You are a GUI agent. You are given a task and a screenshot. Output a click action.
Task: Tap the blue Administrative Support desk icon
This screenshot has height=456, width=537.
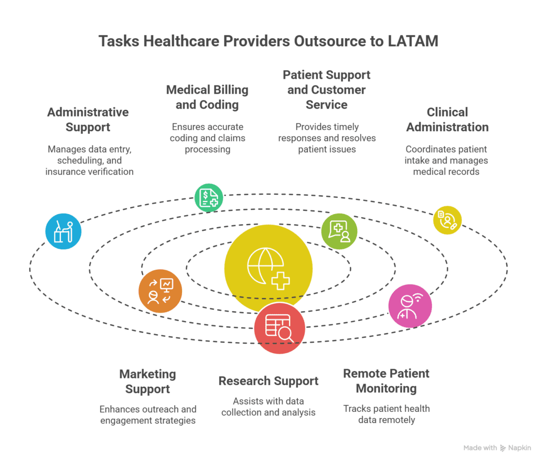click(63, 231)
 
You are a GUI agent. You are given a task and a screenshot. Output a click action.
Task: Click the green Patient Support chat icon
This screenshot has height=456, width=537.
click(339, 231)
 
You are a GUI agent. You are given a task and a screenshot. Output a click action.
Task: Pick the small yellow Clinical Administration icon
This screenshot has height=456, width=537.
click(447, 220)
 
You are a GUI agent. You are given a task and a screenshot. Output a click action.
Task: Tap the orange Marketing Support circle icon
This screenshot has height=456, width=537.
click(160, 292)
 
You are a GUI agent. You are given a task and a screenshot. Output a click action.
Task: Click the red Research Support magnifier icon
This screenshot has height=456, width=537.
click(280, 328)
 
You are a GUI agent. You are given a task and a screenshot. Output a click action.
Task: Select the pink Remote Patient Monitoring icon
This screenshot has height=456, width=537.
click(410, 306)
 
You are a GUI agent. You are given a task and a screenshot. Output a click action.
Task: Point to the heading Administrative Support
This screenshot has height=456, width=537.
click(88, 120)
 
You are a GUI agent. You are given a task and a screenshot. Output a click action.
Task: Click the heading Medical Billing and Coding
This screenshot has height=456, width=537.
click(207, 97)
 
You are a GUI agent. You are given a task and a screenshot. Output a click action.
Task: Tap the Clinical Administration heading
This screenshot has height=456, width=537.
click(447, 120)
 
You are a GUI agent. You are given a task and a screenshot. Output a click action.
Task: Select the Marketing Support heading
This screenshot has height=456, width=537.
click(147, 381)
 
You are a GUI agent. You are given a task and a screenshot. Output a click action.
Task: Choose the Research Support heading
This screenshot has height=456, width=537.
click(268, 381)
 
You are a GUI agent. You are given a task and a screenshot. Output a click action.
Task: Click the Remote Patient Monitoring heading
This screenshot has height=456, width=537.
click(386, 381)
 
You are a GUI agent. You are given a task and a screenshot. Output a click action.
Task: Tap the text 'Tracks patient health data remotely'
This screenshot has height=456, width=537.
click(386, 414)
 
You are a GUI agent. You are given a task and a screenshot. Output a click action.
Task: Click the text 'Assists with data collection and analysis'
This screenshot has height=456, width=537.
click(268, 407)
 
